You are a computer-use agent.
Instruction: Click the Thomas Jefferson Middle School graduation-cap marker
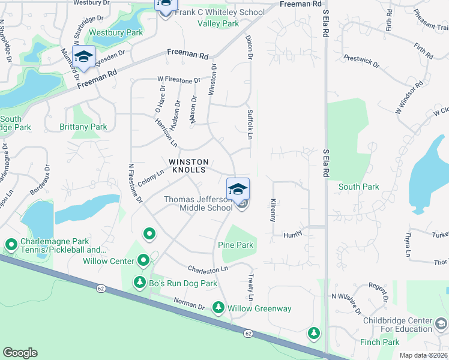pos(238,188)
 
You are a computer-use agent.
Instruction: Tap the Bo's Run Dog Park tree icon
pos(140,281)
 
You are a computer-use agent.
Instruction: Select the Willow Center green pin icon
pos(143,260)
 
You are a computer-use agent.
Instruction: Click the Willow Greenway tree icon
pos(218,308)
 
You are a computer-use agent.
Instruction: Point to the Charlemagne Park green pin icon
pos(11,245)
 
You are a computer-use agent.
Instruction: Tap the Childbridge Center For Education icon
pos(441,325)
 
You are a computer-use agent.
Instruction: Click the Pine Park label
pos(236,245)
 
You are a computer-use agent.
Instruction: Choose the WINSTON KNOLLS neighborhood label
pos(188,166)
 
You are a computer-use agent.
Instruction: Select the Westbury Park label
pos(116,33)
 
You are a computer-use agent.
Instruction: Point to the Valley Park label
pos(218,23)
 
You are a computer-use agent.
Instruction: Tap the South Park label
pos(358,187)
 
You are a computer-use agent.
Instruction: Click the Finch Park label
pos(379,342)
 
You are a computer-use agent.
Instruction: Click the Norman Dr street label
pos(189,303)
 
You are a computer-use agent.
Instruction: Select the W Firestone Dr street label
pos(179,80)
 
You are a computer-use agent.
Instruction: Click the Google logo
pos(20,353)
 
